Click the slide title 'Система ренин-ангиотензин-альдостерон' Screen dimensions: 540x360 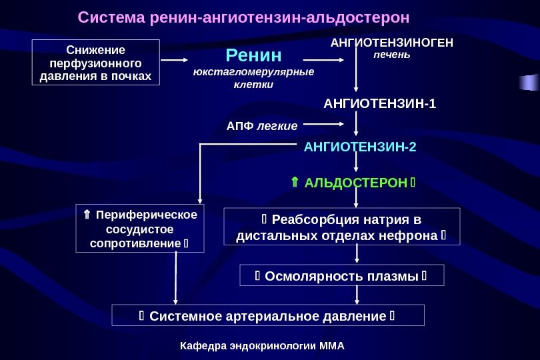243,16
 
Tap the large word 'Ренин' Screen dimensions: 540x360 253,55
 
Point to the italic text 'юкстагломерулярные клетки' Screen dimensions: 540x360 253,78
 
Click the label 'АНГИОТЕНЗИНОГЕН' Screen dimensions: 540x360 392,43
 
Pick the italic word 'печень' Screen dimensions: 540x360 392,55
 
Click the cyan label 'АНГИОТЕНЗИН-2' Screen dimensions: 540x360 359,147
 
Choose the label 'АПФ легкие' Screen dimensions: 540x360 261,125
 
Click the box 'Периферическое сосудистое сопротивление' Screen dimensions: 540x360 140,229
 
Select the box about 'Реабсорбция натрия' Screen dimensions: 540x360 341,227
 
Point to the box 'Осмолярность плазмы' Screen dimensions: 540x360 341,275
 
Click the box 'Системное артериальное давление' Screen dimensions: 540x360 268,315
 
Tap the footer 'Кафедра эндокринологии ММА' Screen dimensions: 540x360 265,347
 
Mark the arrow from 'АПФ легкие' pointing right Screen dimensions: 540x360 323,123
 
